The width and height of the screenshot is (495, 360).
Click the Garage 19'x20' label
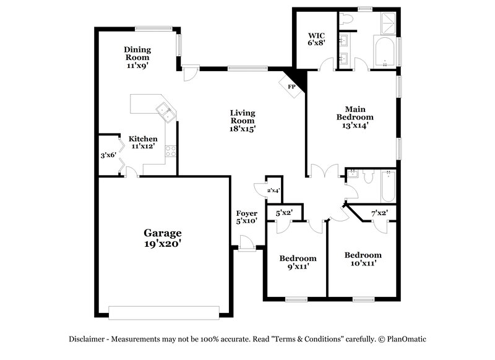[163, 238]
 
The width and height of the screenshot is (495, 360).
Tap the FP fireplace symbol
[291, 87]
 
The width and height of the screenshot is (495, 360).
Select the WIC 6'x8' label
[317, 39]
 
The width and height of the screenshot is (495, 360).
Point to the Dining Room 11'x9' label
[137, 57]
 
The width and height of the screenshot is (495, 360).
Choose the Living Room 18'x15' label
[243, 121]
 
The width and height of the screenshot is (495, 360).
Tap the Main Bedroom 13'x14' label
[355, 113]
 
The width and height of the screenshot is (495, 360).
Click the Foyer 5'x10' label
[246, 216]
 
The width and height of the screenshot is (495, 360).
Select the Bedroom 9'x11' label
[298, 262]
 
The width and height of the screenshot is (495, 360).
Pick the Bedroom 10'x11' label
[363, 259]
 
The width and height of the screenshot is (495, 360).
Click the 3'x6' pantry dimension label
[109, 155]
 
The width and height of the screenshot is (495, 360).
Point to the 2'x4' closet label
[273, 191]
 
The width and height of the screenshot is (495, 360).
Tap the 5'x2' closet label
[283, 213]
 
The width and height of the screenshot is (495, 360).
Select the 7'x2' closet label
[379, 213]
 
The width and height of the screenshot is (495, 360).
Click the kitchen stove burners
[170, 150]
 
